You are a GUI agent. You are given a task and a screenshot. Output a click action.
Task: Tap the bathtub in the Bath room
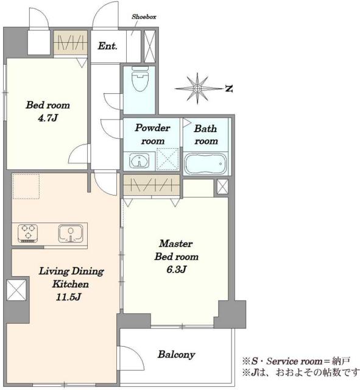point(205,163)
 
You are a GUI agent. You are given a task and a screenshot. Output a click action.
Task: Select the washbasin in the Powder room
point(139,161)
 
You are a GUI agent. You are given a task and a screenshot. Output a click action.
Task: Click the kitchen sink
point(71,233)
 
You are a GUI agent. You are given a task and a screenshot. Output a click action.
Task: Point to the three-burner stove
point(27,233)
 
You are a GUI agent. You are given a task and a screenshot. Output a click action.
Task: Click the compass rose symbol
point(197,88)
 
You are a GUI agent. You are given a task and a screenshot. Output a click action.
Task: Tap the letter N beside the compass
point(229,88)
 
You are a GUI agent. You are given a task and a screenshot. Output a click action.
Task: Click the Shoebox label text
point(144,17)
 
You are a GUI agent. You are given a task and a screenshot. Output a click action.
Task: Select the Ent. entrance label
point(107,46)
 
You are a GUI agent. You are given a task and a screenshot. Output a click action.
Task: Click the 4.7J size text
point(48,118)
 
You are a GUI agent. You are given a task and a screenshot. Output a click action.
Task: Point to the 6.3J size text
point(176,269)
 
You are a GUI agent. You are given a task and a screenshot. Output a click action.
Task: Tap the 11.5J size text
point(68,297)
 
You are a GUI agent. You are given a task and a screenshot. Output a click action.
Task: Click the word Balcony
point(176,355)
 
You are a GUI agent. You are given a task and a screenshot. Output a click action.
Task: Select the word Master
point(176,243)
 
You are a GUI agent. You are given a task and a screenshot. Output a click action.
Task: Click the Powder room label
point(152,134)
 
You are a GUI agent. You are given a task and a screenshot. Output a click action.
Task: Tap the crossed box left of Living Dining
point(16,290)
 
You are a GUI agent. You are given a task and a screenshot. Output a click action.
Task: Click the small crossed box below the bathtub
point(222,186)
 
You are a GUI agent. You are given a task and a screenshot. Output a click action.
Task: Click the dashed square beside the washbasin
point(168,160)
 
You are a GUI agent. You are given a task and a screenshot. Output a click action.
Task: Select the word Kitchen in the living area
point(71,284)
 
